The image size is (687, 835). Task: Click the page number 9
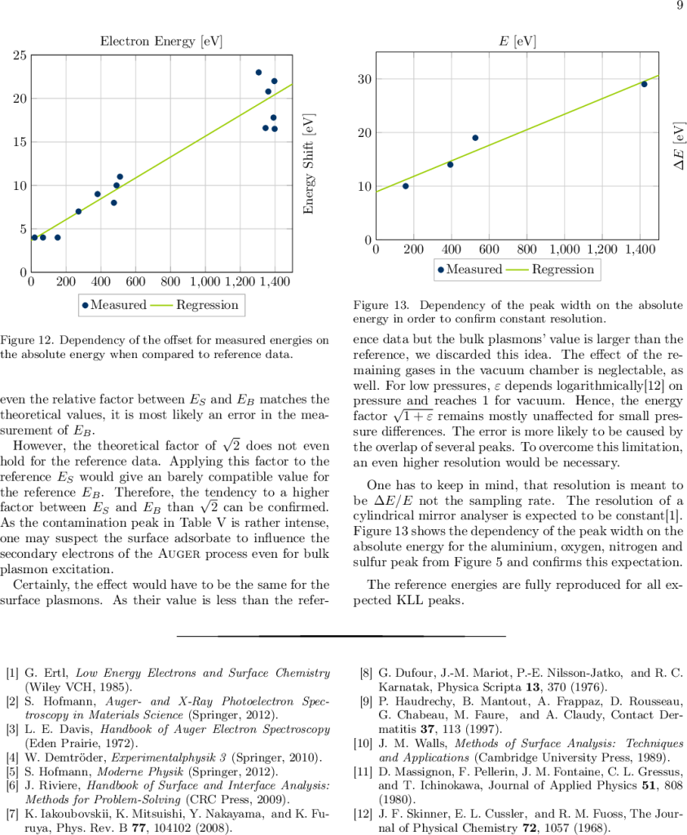click(679, 7)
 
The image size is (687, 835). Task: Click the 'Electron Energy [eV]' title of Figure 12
click(161, 41)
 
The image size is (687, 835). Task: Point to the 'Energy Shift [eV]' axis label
click(309, 164)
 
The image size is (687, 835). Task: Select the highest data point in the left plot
click(259, 73)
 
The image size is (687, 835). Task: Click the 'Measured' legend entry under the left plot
click(113, 305)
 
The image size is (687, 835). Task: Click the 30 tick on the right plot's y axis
click(363, 79)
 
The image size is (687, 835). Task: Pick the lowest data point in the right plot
click(406, 186)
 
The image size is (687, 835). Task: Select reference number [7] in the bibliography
click(13, 814)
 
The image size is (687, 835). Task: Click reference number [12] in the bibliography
click(363, 814)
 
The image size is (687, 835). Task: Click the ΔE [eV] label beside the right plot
click(678, 148)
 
